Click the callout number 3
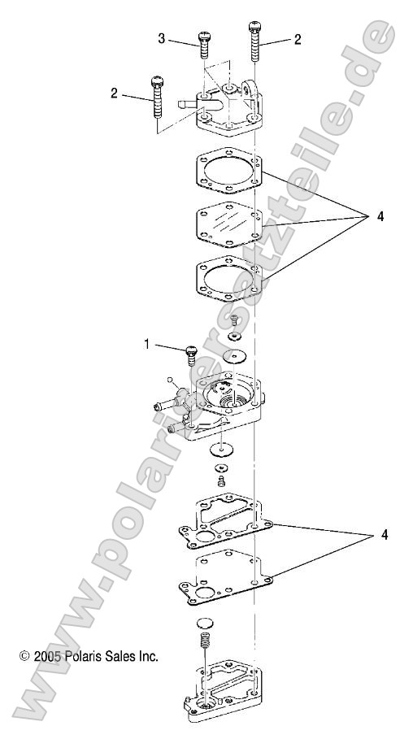[162, 38]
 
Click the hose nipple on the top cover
[184, 103]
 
